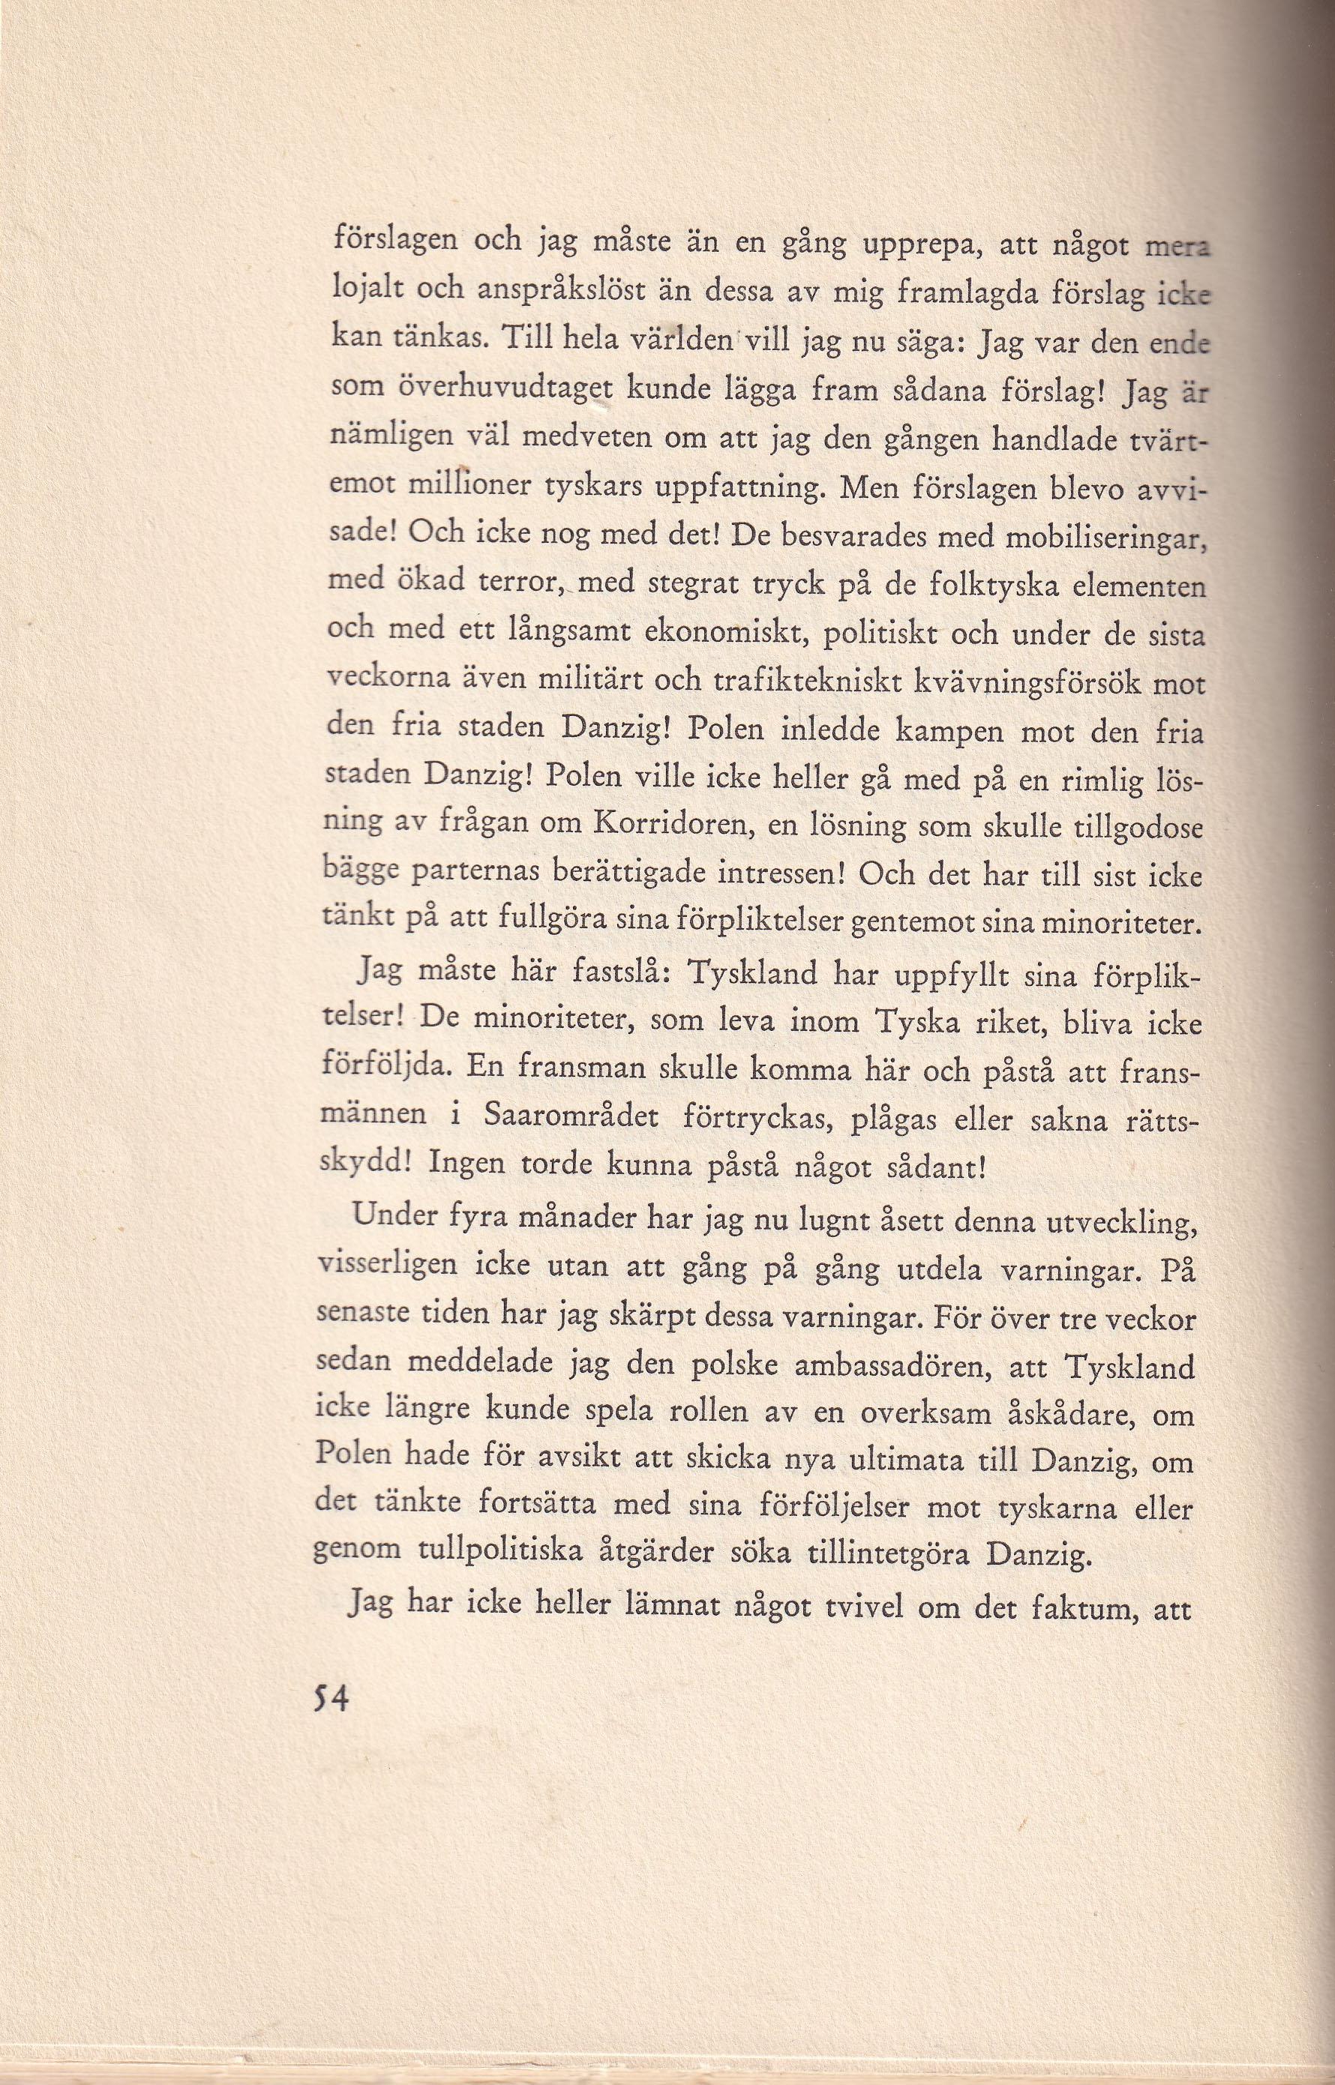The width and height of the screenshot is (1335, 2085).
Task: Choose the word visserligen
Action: (388, 1268)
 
